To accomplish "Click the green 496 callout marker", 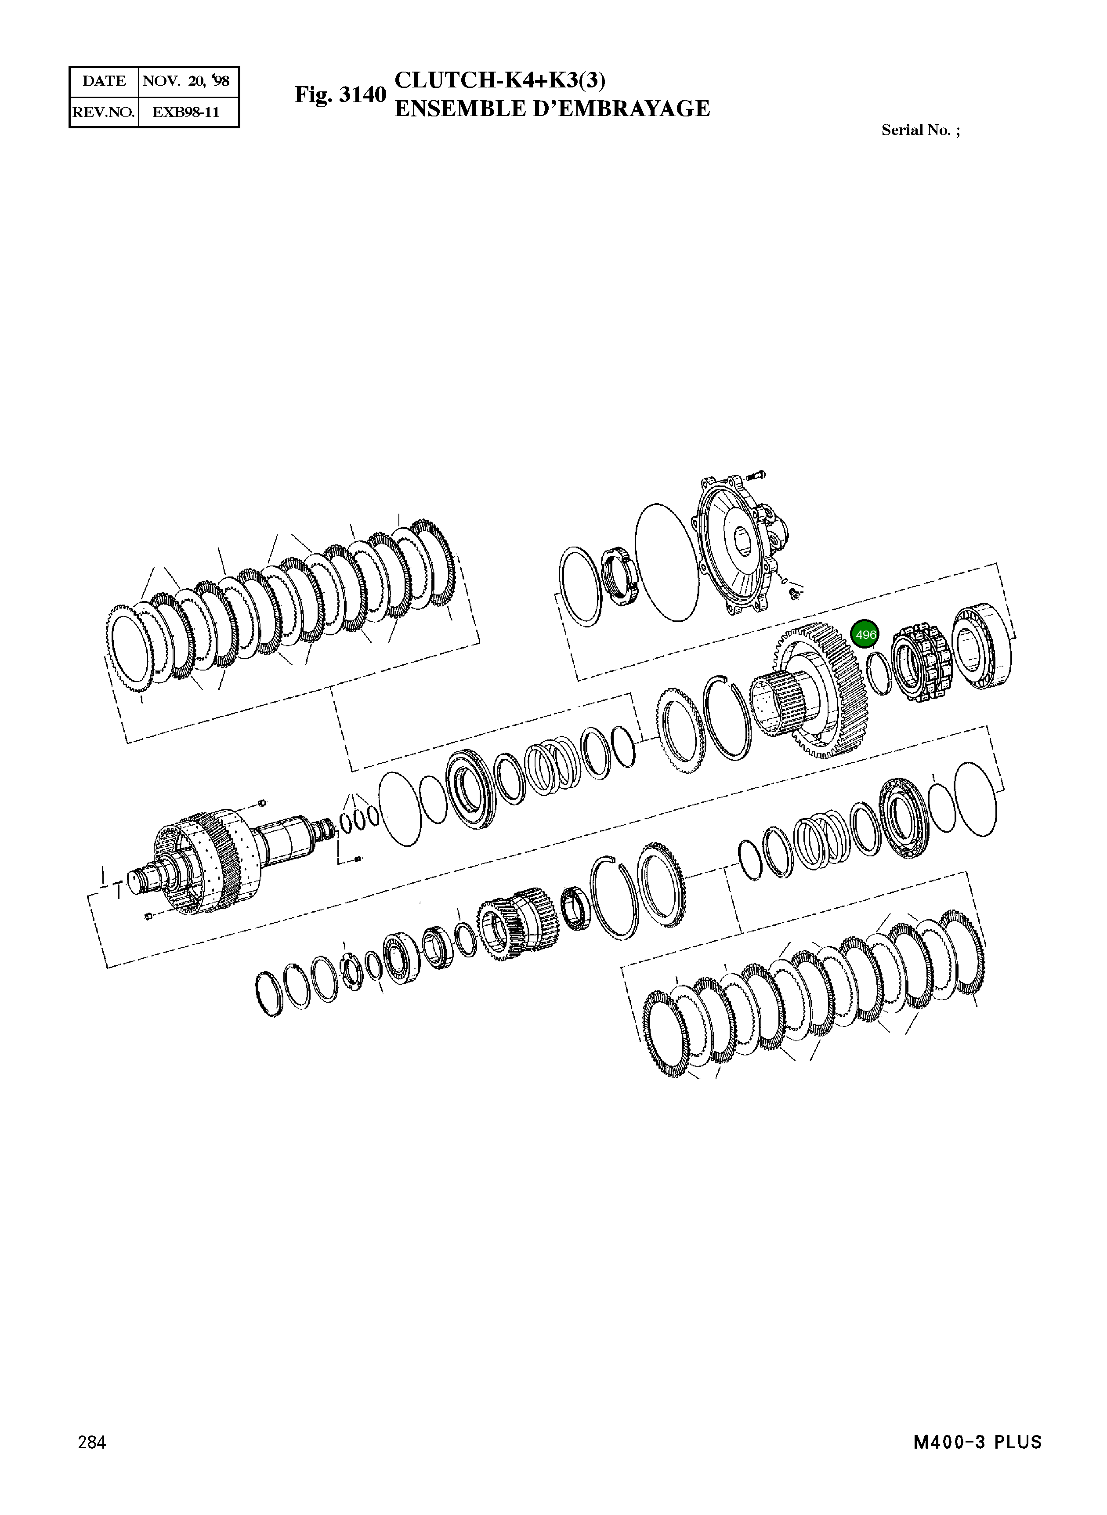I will click(865, 634).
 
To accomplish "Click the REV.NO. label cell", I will click(104, 112).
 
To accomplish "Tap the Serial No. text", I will click(919, 130).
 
